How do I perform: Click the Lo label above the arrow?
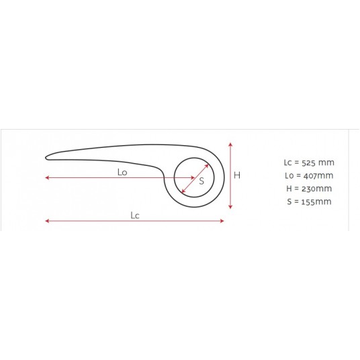pyautogui.click(x=122, y=172)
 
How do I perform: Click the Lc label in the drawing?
pyautogui.click(x=135, y=216)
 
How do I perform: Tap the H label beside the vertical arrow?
pyautogui.click(x=237, y=175)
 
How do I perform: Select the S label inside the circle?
pyautogui.click(x=201, y=181)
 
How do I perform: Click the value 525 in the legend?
pyautogui.click(x=308, y=163)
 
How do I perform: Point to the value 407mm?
pyautogui.click(x=318, y=176)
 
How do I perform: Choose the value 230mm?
pyautogui.click(x=316, y=189)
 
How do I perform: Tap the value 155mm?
pyautogui.click(x=316, y=201)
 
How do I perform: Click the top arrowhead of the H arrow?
pyautogui.click(x=230, y=144)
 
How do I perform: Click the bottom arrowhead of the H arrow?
pyautogui.click(x=230, y=207)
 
